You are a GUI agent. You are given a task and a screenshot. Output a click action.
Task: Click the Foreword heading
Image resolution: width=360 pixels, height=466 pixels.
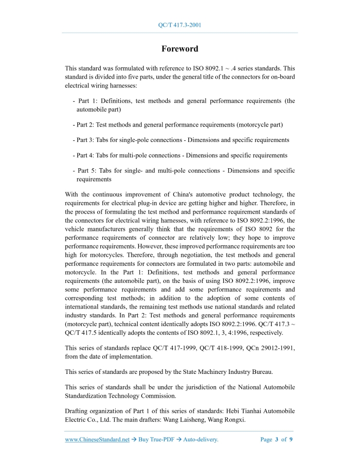click(179, 49)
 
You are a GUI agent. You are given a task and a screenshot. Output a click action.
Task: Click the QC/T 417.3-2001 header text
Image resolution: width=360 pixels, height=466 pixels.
click(179, 25)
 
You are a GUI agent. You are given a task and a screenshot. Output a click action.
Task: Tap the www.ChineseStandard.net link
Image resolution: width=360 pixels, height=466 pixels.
click(97, 440)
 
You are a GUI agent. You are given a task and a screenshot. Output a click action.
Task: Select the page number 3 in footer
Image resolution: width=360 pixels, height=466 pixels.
click(277, 440)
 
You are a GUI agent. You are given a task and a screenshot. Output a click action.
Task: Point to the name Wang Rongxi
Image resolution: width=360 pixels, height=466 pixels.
click(228, 420)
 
